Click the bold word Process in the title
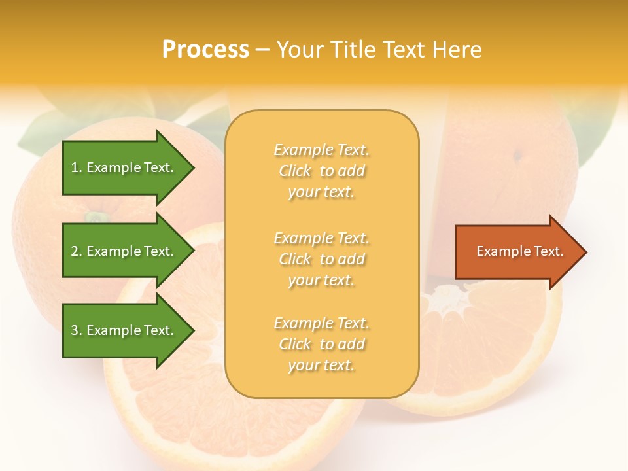205,49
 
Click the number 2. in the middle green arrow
77,251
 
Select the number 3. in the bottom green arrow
77,330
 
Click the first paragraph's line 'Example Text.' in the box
321,150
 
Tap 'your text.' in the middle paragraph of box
321,280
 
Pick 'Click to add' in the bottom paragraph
321,344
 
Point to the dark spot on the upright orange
517,155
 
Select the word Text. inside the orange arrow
548,251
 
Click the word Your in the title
301,49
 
